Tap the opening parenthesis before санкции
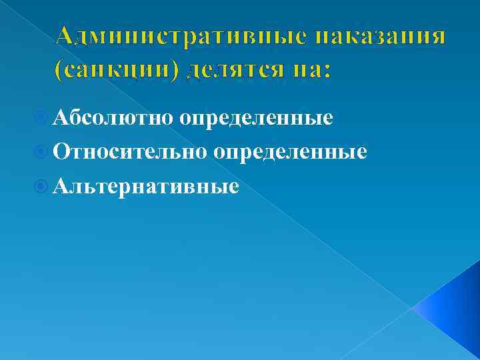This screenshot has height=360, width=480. coord(61,69)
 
